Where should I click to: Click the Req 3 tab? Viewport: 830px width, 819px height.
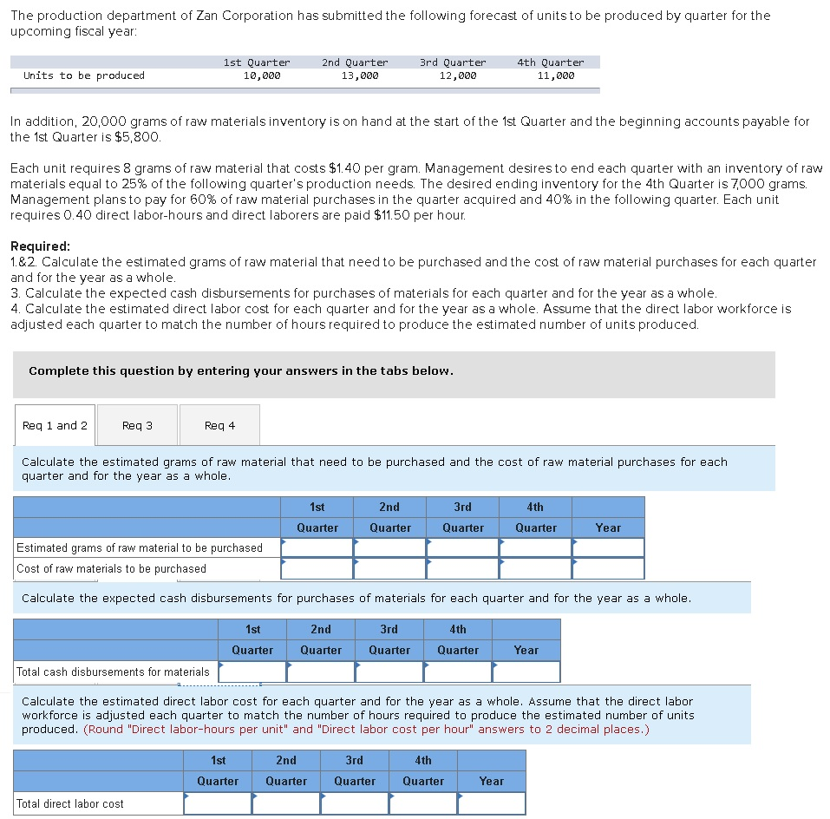pyautogui.click(x=137, y=425)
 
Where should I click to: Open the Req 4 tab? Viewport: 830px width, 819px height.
pyautogui.click(x=219, y=425)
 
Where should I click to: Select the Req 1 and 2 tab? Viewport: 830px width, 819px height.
pyautogui.click(x=55, y=425)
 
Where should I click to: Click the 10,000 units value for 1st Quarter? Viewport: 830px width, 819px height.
pyautogui.click(x=262, y=75)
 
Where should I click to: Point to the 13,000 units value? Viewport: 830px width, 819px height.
pyautogui.click(x=359, y=75)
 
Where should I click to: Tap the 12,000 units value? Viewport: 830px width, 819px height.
pyautogui.click(x=457, y=75)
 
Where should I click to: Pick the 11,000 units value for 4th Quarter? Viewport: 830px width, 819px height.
pyautogui.click(x=555, y=75)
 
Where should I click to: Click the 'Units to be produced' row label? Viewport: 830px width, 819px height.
pyautogui.click(x=84, y=75)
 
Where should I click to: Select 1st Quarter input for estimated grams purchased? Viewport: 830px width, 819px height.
pyautogui.click(x=317, y=547)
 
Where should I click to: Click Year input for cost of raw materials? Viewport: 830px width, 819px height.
pyautogui.click(x=608, y=568)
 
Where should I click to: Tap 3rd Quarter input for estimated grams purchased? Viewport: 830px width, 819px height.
pyautogui.click(x=463, y=547)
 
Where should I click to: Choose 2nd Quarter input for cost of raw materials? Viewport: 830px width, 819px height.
pyautogui.click(x=390, y=568)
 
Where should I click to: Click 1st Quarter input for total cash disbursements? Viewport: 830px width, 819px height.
pyautogui.click(x=252, y=672)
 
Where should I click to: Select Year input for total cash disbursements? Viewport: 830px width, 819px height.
pyautogui.click(x=526, y=672)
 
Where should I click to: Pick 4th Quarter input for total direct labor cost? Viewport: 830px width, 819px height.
pyautogui.click(x=423, y=803)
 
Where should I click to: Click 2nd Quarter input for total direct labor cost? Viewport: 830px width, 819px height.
pyautogui.click(x=286, y=803)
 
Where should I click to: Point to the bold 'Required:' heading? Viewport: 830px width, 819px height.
pyautogui.click(x=41, y=246)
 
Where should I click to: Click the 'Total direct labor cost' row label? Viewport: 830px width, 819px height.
pyautogui.click(x=70, y=803)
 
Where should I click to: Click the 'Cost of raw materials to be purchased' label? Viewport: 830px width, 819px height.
pyautogui.click(x=111, y=568)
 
